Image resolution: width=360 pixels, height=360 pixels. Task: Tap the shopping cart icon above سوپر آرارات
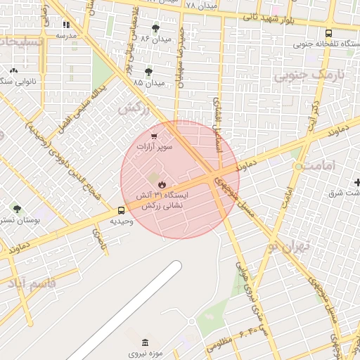click(x=154, y=136)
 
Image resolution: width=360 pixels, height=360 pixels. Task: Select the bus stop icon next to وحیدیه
click(x=122, y=210)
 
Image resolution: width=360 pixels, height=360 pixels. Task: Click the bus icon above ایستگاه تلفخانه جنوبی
click(x=328, y=33)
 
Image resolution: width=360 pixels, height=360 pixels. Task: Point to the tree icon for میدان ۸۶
click(x=155, y=27)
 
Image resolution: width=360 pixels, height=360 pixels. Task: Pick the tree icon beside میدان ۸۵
click(x=148, y=72)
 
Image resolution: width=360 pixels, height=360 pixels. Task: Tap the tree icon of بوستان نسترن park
click(x=16, y=208)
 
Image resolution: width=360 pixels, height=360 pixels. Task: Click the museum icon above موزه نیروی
click(x=145, y=342)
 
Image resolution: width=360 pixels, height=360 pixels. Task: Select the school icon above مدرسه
click(x=66, y=25)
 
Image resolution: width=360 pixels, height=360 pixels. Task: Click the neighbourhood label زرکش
click(x=133, y=108)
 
